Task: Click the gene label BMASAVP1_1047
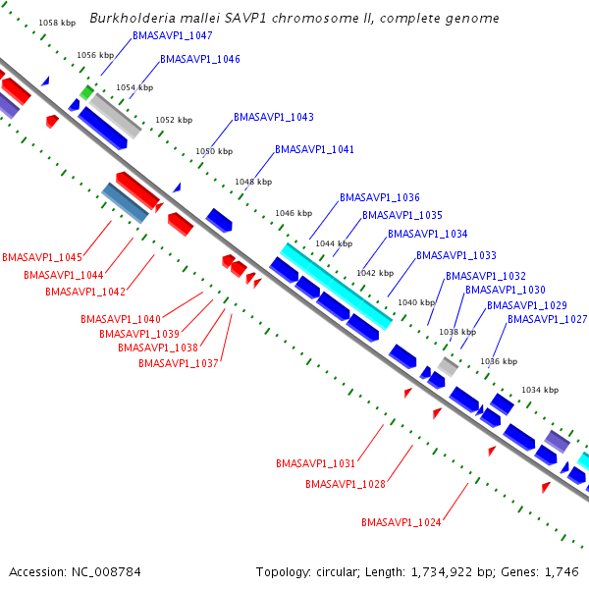click(x=173, y=35)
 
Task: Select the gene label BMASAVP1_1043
click(x=274, y=117)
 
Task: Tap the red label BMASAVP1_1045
click(x=42, y=257)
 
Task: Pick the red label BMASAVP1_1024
click(x=401, y=521)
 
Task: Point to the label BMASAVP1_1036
click(x=380, y=197)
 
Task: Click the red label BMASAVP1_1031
click(x=316, y=463)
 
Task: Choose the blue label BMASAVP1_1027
click(x=547, y=319)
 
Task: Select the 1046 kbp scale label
click(x=292, y=213)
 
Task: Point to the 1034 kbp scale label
click(x=538, y=391)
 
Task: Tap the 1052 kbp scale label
click(x=173, y=121)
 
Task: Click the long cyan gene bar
click(x=337, y=286)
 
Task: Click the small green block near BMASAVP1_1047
click(x=86, y=92)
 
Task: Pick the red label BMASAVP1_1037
click(x=179, y=363)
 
